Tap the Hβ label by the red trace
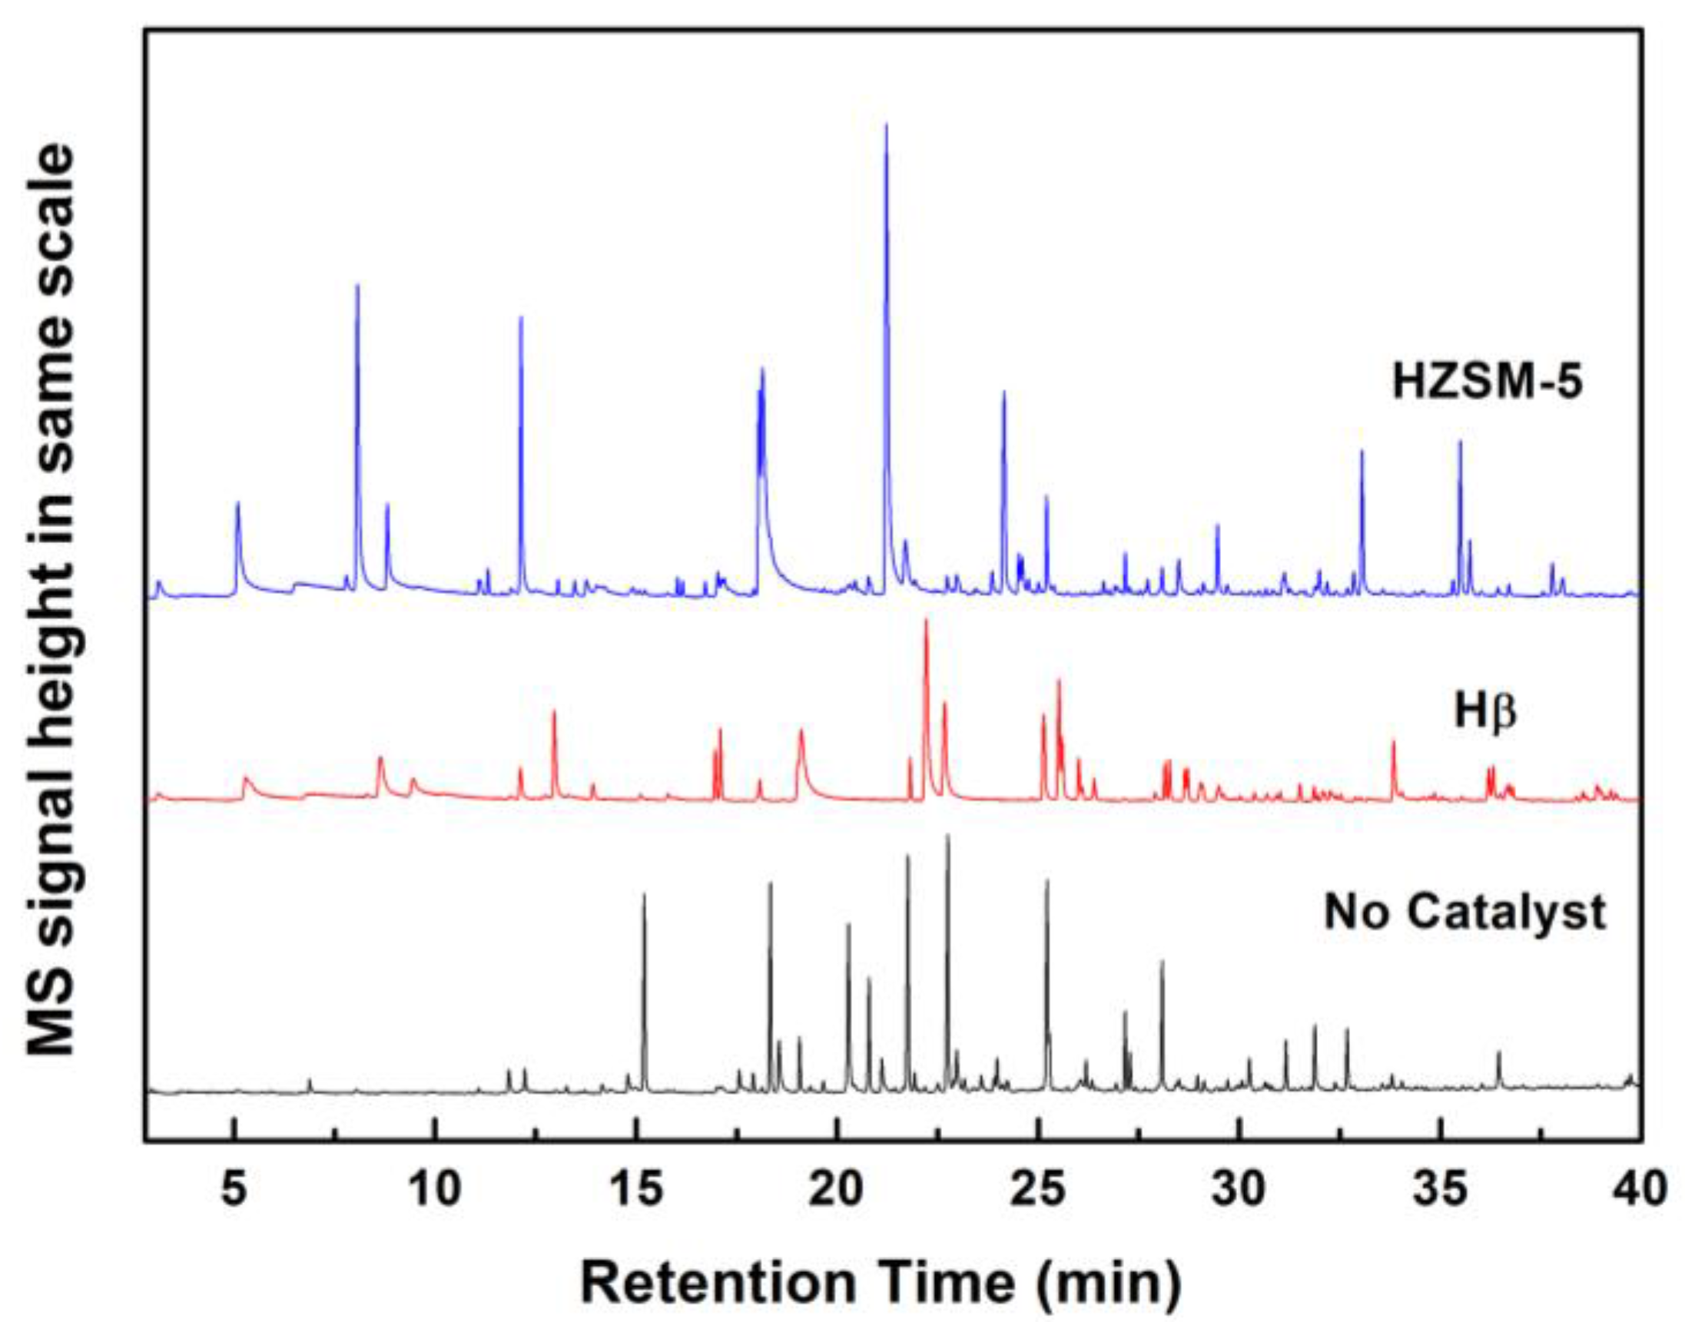1484,713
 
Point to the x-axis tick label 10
435,1189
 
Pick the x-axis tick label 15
636,1189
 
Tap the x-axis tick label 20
838,1189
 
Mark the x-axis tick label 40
1640,1189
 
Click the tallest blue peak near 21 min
886,125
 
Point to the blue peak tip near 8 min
357,287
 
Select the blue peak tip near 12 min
521,318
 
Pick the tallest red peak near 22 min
926,621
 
